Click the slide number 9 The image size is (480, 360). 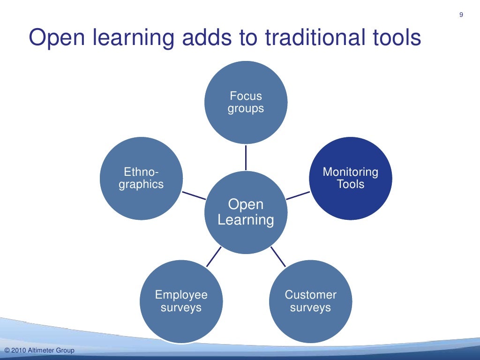[x=461, y=15]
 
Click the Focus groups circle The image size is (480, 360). [x=246, y=102]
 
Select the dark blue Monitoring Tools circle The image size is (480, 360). [x=351, y=178]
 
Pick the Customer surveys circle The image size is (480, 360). [x=310, y=301]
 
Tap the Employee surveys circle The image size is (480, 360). [x=181, y=301]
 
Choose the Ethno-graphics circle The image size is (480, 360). [x=141, y=178]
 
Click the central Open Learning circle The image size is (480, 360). [x=246, y=212]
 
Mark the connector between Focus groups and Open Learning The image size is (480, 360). [x=246, y=157]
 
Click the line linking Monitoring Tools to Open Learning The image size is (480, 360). [x=298, y=195]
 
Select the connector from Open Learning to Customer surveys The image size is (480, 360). [x=278, y=256]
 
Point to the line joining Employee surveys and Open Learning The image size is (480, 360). [x=214, y=256]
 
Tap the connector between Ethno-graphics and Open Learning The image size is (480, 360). [x=194, y=195]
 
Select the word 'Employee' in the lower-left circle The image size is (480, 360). [x=181, y=295]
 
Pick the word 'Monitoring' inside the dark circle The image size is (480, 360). [x=351, y=172]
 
